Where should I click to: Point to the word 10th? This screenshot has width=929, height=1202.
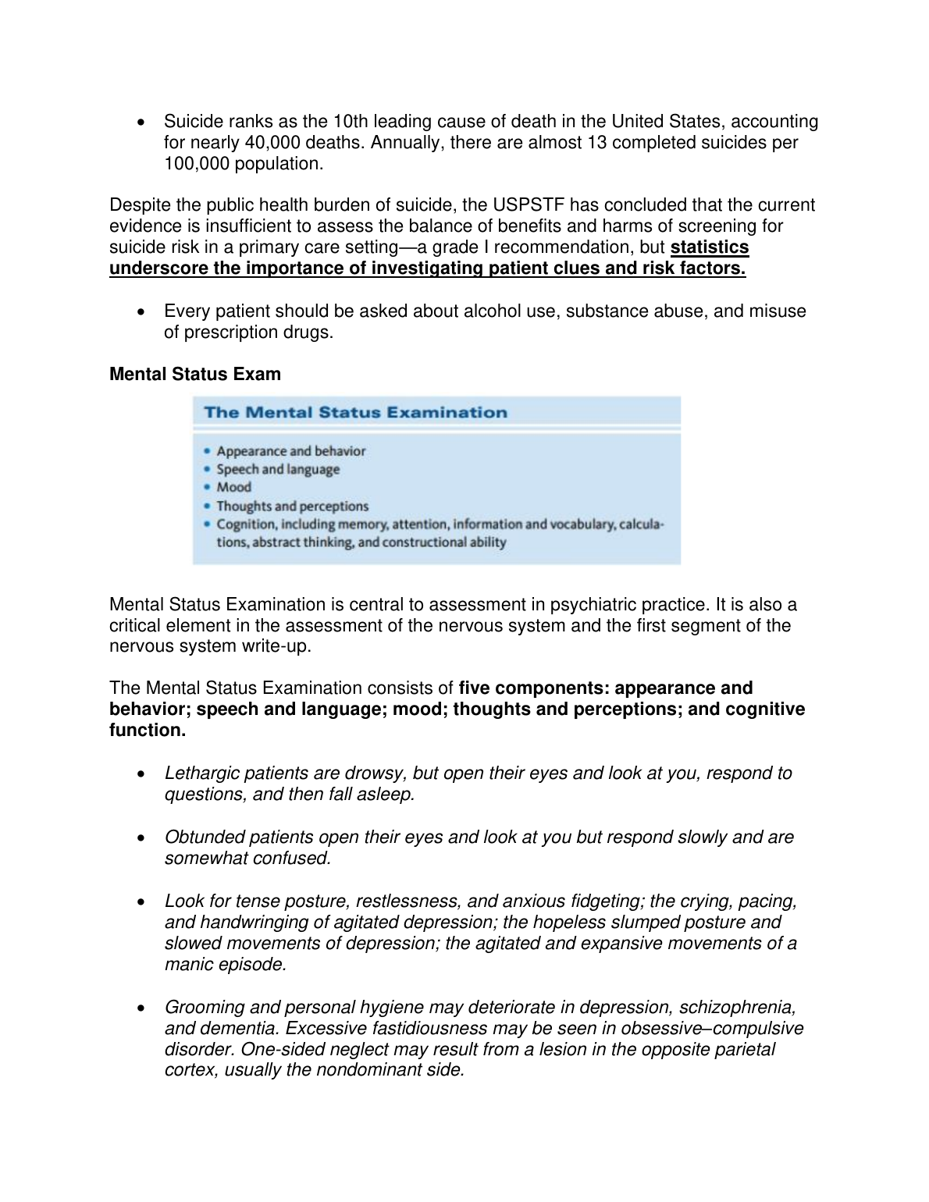click(x=351, y=122)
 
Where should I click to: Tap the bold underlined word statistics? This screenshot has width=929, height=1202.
click(x=710, y=247)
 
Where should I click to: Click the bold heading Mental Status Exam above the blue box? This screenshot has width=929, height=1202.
click(x=195, y=375)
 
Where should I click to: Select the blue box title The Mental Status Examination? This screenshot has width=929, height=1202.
click(x=355, y=413)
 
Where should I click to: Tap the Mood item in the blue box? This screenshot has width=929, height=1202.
click(x=234, y=488)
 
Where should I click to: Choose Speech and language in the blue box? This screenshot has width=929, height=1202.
click(x=278, y=470)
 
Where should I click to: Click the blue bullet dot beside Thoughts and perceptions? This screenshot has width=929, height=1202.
click(x=206, y=507)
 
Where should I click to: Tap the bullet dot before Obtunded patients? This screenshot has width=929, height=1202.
click(x=141, y=838)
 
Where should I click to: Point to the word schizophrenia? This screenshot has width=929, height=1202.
click(x=737, y=1008)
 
